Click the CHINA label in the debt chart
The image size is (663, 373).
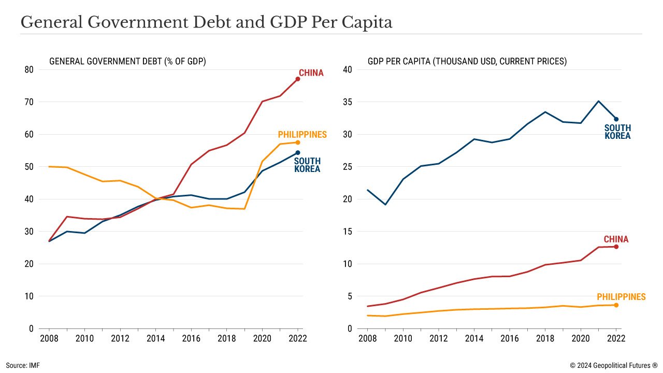pos(311,73)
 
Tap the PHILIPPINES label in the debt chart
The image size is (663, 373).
pos(302,135)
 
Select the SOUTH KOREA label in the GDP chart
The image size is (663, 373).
pos(617,132)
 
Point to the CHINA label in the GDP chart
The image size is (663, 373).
pos(616,239)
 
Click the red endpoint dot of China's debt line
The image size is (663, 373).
pos(298,79)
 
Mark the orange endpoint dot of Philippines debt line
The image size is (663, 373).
pos(298,142)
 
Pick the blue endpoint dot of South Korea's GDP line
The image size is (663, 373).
pos(616,119)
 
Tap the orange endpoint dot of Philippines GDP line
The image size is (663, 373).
pos(616,305)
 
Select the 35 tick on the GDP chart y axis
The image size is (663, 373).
pos(347,102)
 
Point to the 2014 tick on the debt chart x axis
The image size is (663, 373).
pos(156,338)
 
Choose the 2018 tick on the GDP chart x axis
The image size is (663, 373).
pos(545,338)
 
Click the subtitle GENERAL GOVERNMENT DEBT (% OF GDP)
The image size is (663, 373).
pos(127,61)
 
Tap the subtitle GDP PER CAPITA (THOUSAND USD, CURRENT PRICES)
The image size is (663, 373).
pos(467,61)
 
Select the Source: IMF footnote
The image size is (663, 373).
pos(23,365)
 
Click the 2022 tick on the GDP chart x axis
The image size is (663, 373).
pos(616,338)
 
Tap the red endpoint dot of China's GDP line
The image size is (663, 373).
pos(616,247)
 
